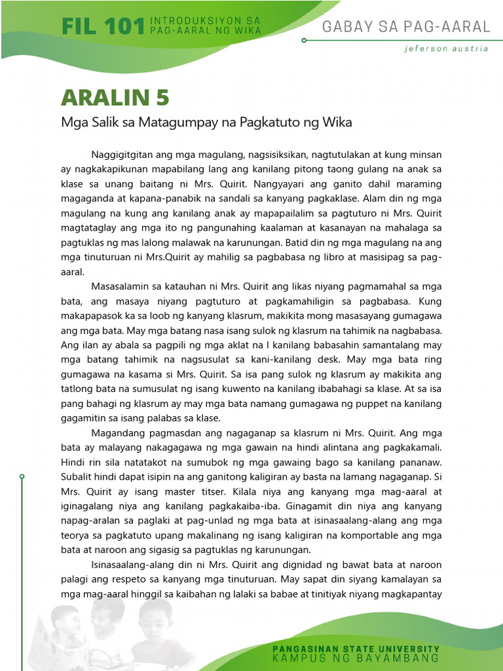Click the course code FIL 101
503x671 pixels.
102,26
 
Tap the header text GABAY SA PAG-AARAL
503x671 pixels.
406,26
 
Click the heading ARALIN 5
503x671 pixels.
115,98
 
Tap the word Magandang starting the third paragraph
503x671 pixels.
120,432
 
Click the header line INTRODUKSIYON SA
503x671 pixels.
206,22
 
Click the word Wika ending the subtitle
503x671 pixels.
339,122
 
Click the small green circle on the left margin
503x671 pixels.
22,476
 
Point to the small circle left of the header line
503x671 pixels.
304,40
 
